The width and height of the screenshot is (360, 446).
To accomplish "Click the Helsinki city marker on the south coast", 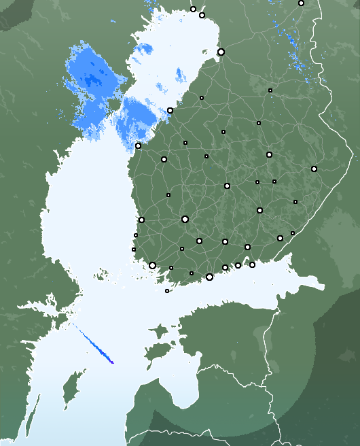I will pyautogui.click(x=209, y=277).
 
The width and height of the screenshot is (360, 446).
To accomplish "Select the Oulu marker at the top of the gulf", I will pyautogui.click(x=221, y=52).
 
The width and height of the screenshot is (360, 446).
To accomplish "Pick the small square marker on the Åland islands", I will pyautogui.click(x=167, y=291).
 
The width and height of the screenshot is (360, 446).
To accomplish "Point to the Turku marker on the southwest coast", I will pyautogui.click(x=152, y=265).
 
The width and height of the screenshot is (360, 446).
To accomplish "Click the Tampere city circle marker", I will pyautogui.click(x=185, y=219).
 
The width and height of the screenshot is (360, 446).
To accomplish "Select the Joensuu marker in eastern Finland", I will pyautogui.click(x=314, y=169).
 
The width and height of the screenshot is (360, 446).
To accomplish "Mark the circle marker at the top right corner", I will pyautogui.click(x=301, y=3).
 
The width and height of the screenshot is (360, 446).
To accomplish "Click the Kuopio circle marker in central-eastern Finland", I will pyautogui.click(x=269, y=155).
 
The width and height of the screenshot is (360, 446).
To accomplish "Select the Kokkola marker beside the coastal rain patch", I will pyautogui.click(x=170, y=110).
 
